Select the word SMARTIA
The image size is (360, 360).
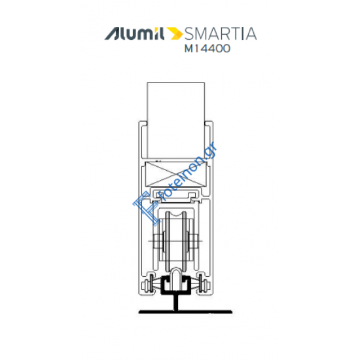pyautogui.click(x=220, y=33)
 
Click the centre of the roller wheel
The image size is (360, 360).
pyautogui.click(x=176, y=245)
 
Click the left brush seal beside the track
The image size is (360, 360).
pyautogui.click(x=152, y=285)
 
